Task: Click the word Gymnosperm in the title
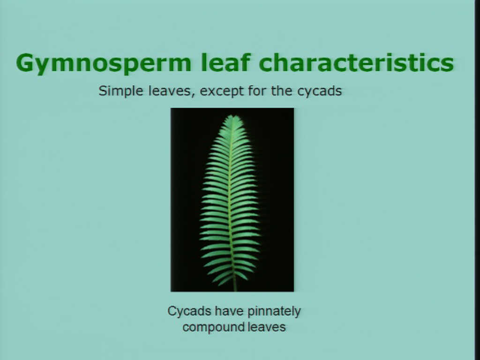coord(104,64)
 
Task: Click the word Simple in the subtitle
coord(121,91)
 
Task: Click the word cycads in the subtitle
coord(319,91)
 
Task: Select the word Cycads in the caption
coord(189,311)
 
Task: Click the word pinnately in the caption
coord(274,312)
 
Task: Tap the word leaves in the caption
coord(266,327)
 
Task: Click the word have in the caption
coord(229,311)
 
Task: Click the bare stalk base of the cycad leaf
coord(235,286)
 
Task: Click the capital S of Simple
coord(103,91)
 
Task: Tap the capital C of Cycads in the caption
coord(172,311)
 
